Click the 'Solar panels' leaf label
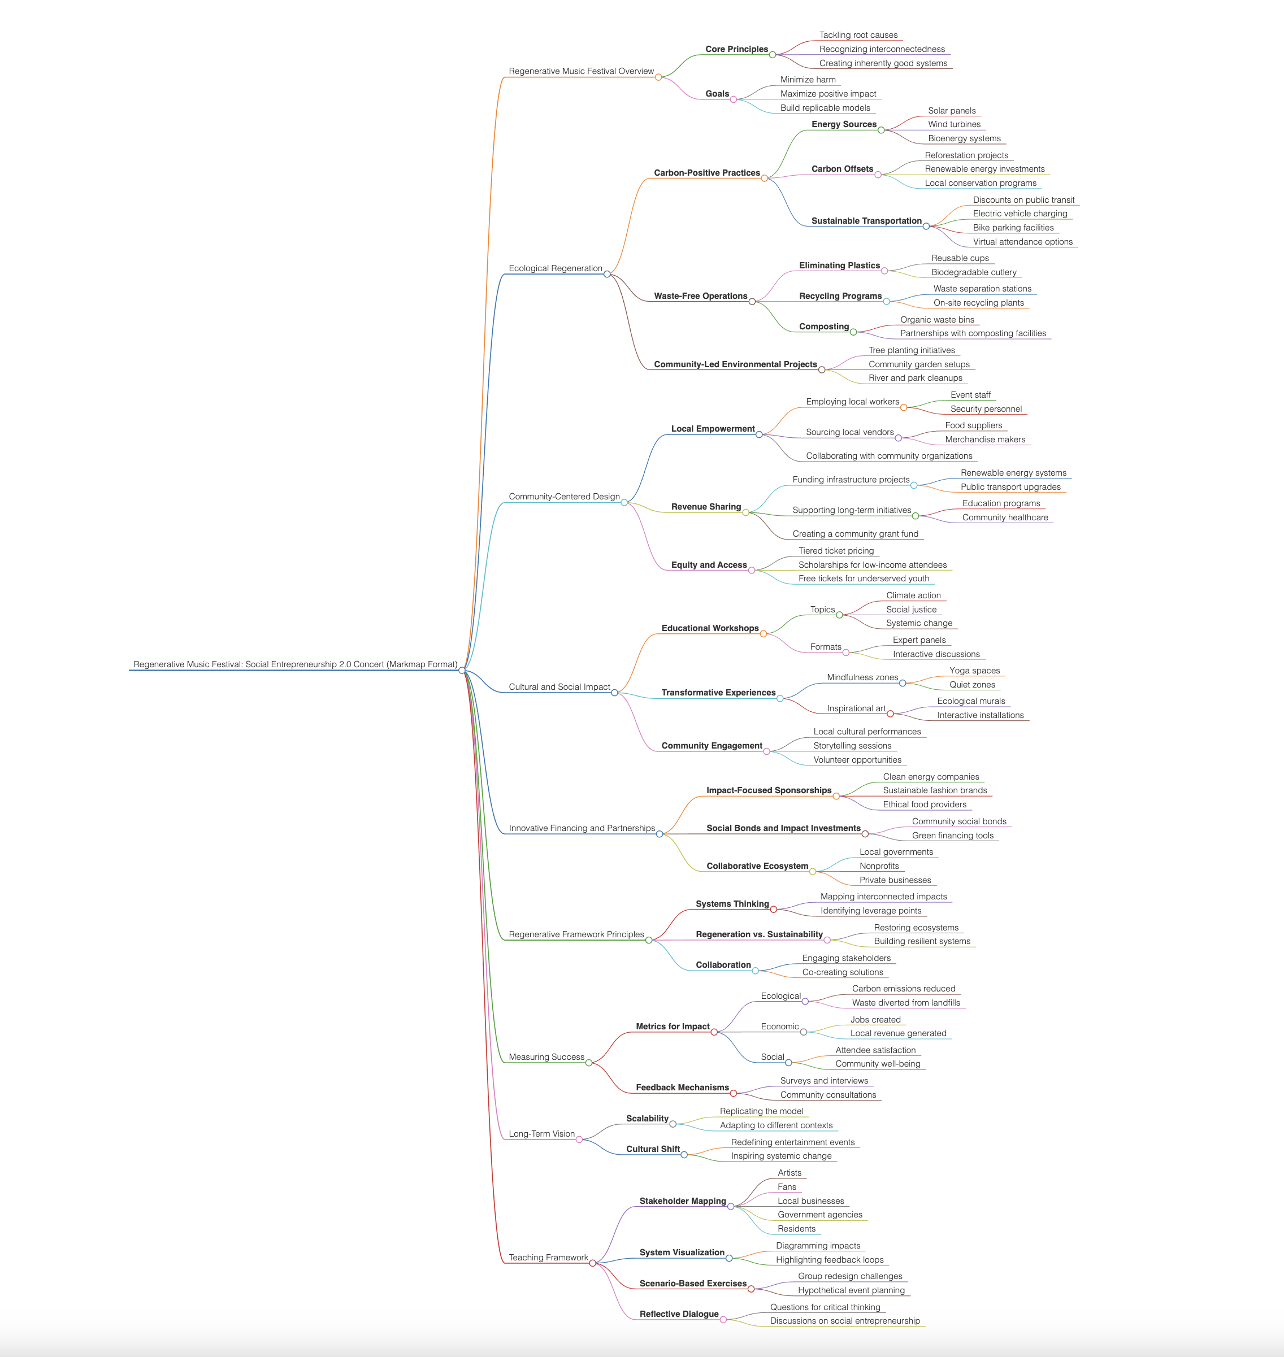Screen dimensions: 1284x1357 pos(951,111)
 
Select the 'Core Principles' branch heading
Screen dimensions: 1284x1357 pos(736,49)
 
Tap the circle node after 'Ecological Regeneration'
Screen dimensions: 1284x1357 pos(607,274)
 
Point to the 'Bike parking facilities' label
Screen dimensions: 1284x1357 pos(1013,228)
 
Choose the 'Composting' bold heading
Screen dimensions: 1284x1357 pos(823,327)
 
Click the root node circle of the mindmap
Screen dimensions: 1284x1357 pos(462,670)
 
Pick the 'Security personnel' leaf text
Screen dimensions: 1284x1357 pos(986,409)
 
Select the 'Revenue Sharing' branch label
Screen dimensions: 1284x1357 pos(706,507)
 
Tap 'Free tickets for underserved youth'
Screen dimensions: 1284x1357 pos(864,579)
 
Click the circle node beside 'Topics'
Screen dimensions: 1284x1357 pos(840,615)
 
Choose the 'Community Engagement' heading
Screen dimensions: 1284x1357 pos(711,746)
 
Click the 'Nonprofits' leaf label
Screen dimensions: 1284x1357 pos(879,867)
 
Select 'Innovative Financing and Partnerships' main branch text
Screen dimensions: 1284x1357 pos(582,829)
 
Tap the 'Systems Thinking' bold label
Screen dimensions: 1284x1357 pos(732,904)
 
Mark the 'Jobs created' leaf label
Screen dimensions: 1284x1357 pos(875,1020)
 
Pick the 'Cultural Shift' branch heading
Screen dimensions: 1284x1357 pos(652,1149)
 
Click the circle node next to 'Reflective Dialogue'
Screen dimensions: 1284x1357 pos(723,1319)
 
